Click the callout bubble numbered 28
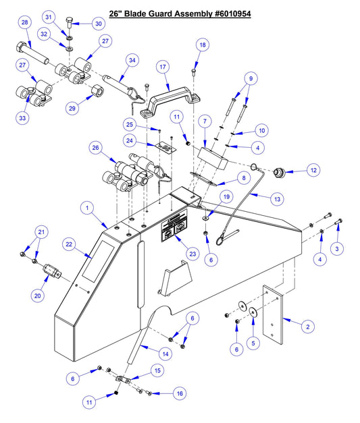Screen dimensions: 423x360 (24, 24)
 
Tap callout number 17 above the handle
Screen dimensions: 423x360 (163, 67)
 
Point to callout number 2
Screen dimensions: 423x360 (308, 327)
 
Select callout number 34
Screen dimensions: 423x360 (132, 61)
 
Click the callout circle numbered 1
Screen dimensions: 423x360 (86, 209)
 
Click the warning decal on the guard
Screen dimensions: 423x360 (173, 231)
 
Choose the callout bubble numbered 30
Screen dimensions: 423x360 (98, 24)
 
